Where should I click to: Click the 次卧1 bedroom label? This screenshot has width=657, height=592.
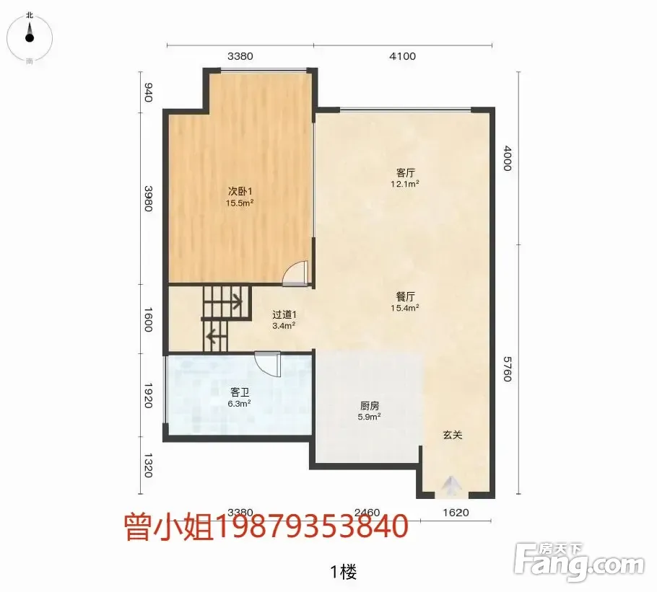(x=240, y=191)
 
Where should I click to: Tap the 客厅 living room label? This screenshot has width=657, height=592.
(x=405, y=172)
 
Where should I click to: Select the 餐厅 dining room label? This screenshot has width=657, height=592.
(x=405, y=296)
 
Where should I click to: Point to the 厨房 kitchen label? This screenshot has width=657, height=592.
(x=370, y=405)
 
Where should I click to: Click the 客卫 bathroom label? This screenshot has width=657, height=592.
(x=240, y=392)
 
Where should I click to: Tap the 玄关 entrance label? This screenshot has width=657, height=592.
(x=453, y=435)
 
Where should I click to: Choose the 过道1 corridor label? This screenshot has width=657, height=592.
(x=284, y=314)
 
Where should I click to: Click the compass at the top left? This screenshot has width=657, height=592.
(x=30, y=37)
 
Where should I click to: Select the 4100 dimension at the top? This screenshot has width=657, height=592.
(x=402, y=56)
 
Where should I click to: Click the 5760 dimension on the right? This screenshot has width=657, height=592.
(x=507, y=369)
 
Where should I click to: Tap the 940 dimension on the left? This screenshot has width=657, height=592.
(x=148, y=92)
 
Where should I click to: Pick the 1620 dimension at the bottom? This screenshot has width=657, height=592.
(x=456, y=513)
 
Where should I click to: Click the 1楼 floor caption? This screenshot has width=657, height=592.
(x=344, y=572)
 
